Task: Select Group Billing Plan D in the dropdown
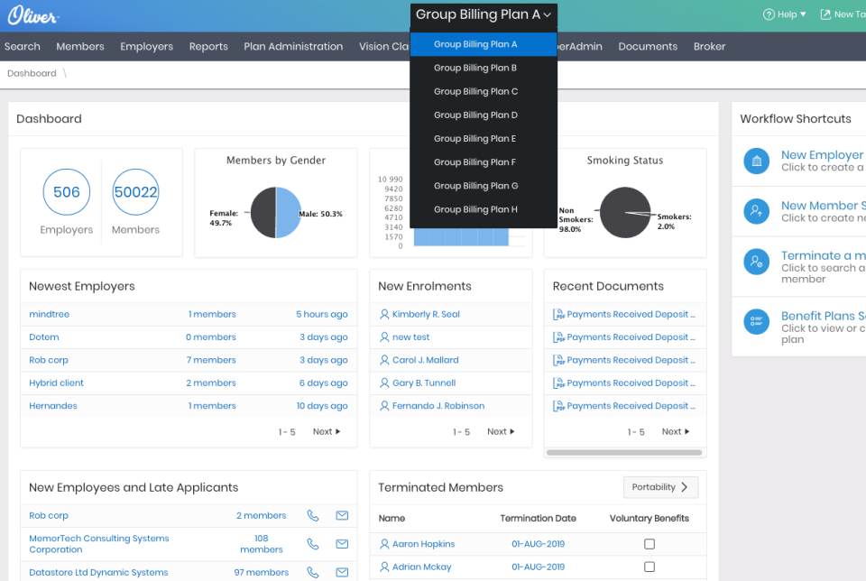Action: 475,115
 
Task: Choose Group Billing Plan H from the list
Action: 475,209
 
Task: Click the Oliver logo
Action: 33,15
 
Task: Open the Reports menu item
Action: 208,47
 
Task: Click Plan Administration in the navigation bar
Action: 293,47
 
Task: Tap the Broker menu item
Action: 709,47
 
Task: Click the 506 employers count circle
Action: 67,192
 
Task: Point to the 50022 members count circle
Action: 135,192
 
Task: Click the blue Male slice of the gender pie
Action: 288,213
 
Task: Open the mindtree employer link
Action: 49,315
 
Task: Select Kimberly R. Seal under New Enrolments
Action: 426,315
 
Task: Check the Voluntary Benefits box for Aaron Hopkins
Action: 649,544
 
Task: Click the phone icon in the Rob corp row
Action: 312,516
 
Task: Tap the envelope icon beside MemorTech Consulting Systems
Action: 342,544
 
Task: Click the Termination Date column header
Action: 538,519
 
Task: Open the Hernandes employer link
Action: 53,406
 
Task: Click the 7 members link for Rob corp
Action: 211,360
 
